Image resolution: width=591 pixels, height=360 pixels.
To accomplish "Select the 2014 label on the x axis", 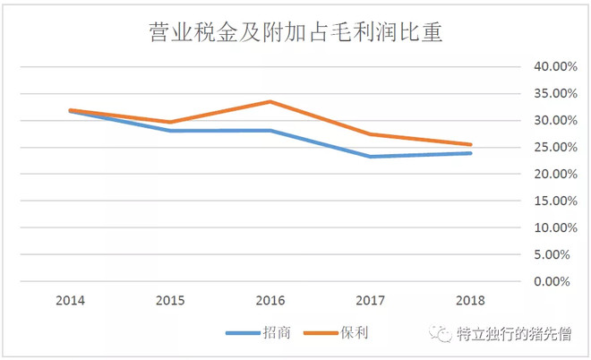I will click(x=70, y=300).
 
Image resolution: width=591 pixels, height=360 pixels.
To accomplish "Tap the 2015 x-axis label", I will click(x=170, y=300).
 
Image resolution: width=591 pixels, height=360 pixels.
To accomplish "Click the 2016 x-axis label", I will click(x=270, y=300).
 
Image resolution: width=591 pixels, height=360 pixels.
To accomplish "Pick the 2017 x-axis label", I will click(x=371, y=300).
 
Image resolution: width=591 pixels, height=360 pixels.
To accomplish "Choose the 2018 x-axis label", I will click(x=471, y=300).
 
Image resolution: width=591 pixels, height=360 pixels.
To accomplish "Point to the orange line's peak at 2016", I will click(x=270, y=101).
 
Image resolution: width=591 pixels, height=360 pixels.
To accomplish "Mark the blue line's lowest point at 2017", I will click(x=371, y=157).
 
